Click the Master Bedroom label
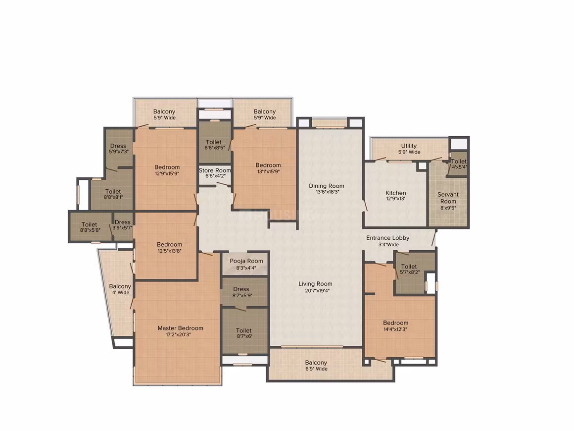180,328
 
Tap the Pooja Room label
246,261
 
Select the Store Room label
215,170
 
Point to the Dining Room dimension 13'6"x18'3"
326,192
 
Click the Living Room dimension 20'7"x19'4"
315,291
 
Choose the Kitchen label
396,193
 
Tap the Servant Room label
448,198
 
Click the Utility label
409,146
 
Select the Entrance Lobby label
387,238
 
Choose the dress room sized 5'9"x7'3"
118,149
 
